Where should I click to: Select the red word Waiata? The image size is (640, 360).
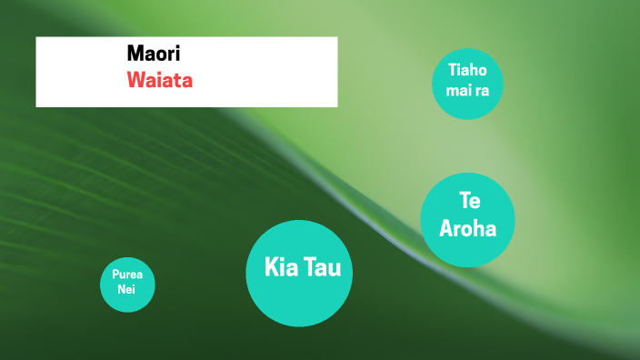[x=160, y=79]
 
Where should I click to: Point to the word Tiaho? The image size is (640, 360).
[x=467, y=70]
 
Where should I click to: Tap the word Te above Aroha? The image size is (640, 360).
[x=468, y=202]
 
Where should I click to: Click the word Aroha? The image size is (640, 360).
[x=468, y=228]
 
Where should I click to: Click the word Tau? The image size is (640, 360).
[x=322, y=268]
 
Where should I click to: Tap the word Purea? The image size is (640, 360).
[x=127, y=275]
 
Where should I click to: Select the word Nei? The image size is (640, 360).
[x=126, y=289]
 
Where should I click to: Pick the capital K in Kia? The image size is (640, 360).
[x=271, y=268]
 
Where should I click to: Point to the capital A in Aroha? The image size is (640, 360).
[x=446, y=228]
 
